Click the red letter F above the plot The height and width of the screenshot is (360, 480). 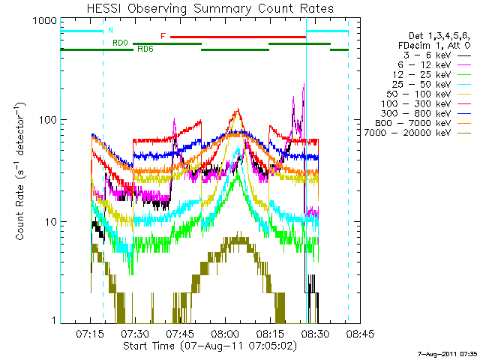point(163,36)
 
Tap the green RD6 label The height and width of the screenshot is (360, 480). point(143,48)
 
